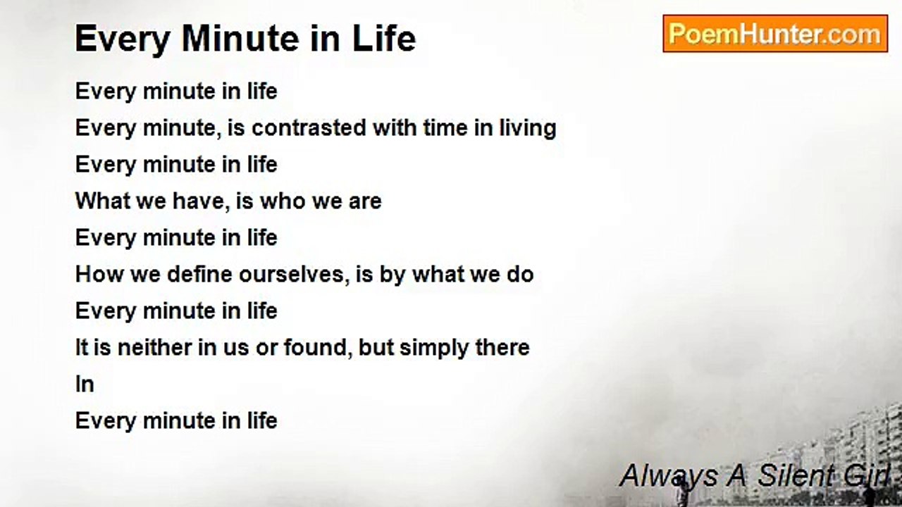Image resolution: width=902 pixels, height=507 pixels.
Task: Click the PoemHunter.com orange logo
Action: pyautogui.click(x=775, y=34)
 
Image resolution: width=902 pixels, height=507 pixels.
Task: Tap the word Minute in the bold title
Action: pyautogui.click(x=240, y=39)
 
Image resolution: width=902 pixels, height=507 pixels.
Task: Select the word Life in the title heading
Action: pyautogui.click(x=384, y=39)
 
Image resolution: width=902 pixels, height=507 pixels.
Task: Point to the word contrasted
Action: pyautogui.click(x=309, y=128)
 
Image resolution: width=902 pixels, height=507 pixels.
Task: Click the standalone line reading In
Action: pyautogui.click(x=85, y=384)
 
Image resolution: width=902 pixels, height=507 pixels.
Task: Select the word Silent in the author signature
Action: pyautogui.click(x=796, y=475)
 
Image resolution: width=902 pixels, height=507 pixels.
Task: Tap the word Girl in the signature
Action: pyautogui.click(x=867, y=475)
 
